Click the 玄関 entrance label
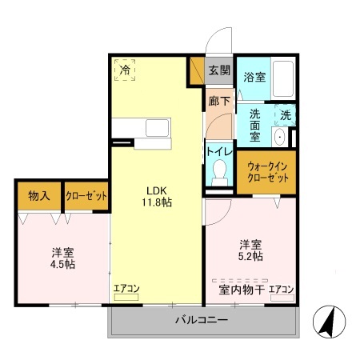tap(218, 70)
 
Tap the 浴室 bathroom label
tap(254, 78)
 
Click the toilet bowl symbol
tap(219, 171)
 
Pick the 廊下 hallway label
tap(218, 102)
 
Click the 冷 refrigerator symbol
tap(124, 70)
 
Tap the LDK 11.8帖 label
tap(157, 197)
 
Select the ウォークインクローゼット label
tap(266, 171)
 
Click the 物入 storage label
tap(39, 195)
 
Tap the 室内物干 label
tap(236, 289)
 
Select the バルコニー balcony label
tap(202, 320)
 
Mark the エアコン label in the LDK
tap(126, 289)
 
